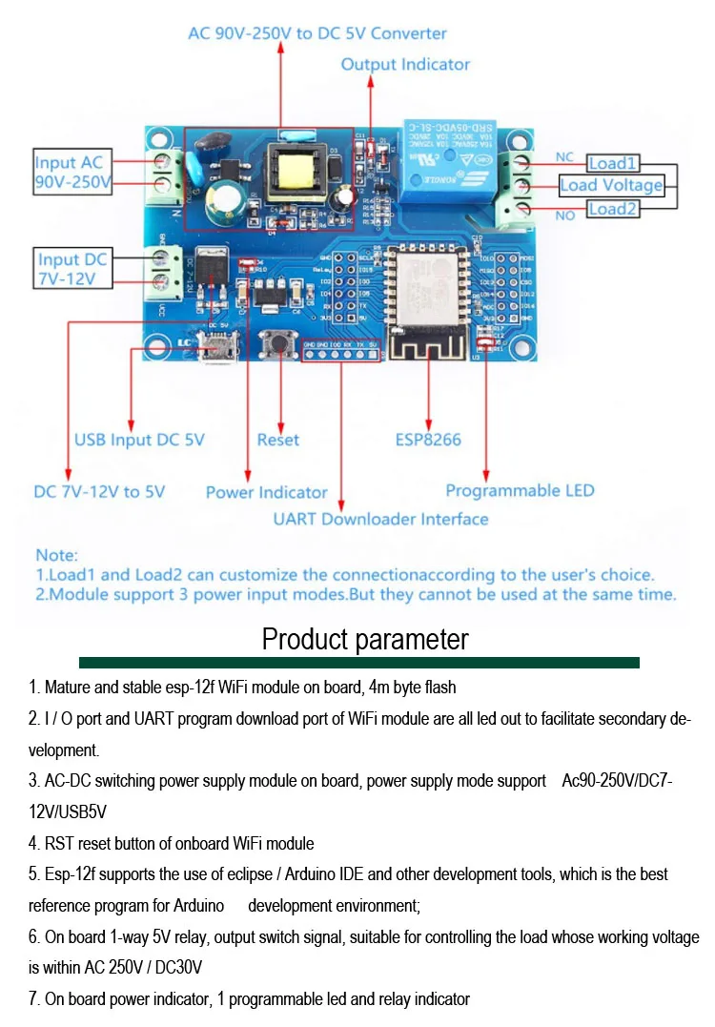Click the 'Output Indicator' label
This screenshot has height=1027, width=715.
[405, 65]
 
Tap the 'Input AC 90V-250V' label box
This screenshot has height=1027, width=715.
[73, 172]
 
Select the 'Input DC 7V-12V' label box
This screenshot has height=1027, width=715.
[72, 269]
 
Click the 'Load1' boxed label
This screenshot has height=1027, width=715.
[612, 163]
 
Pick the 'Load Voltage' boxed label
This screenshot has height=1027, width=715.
[611, 186]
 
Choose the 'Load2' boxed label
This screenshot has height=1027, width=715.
[611, 209]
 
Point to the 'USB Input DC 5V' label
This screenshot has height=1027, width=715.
[139, 440]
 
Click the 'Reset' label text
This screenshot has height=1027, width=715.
[277, 440]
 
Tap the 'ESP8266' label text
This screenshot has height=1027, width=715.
[428, 440]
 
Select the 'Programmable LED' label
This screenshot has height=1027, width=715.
[520, 490]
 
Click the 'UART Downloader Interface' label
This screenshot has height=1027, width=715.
[380, 519]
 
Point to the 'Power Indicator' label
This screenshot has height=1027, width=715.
[266, 492]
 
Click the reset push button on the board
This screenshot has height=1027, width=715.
[279, 340]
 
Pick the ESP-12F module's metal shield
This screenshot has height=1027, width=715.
[429, 284]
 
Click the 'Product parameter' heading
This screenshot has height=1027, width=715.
[365, 639]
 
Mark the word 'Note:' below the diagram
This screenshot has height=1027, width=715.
[57, 554]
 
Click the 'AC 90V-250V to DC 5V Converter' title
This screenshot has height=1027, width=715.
[317, 33]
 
